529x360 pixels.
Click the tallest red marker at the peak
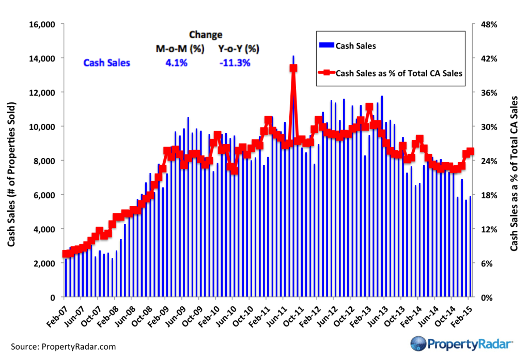pos(293,68)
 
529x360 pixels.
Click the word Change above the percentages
pos(206,35)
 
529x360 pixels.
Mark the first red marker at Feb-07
pos(65,254)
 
